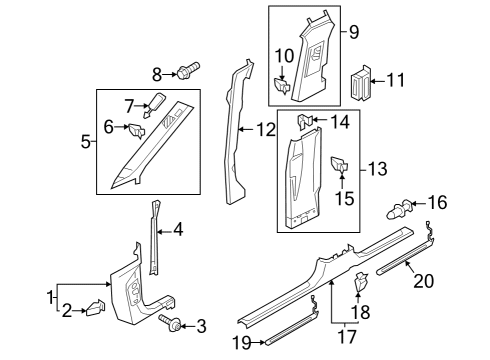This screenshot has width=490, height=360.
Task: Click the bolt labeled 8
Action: [x=188, y=70]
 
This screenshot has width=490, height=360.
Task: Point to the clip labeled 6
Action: [x=137, y=131]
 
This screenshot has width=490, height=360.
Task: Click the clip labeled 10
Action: [x=282, y=86]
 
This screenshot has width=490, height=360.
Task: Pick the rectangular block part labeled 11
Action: [x=360, y=83]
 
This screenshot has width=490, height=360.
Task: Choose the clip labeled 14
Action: [x=305, y=121]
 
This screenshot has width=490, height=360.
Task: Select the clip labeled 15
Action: [x=340, y=164]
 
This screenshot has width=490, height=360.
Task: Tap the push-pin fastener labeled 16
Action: [x=400, y=208]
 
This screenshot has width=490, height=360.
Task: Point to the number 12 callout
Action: [x=266, y=129]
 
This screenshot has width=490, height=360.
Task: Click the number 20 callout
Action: [x=424, y=281]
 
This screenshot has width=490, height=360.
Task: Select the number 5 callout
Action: [x=85, y=142]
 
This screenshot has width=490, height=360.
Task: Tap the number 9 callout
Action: [x=354, y=32]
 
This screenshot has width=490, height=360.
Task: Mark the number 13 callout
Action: [x=377, y=168]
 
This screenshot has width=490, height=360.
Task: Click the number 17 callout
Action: [x=347, y=336]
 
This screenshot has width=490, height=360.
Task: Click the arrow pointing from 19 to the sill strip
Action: [x=258, y=342]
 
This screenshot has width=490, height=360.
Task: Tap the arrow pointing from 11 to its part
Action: [x=378, y=81]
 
